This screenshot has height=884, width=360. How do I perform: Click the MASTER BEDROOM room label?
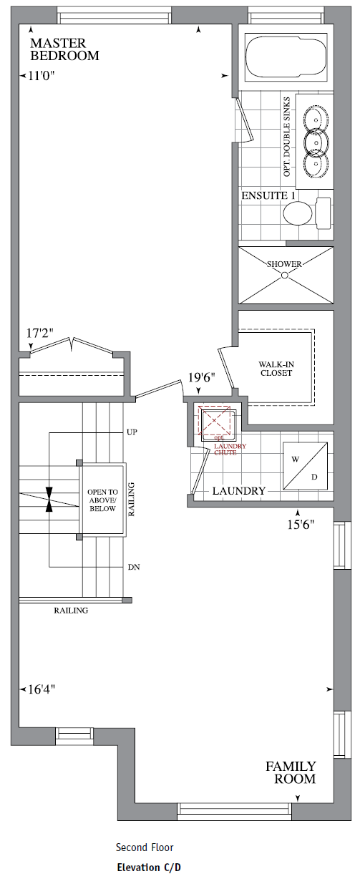(64, 49)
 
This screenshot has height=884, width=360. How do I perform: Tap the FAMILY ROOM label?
(291, 772)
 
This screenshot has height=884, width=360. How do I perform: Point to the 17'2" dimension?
(41, 334)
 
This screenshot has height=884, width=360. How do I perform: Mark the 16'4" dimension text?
(42, 689)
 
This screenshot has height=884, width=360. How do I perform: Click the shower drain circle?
(285, 275)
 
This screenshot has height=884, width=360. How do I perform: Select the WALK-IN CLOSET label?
(276, 369)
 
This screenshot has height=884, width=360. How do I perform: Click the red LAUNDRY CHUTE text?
(230, 450)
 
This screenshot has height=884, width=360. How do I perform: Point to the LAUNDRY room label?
(238, 492)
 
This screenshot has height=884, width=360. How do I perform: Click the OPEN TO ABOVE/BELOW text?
(101, 501)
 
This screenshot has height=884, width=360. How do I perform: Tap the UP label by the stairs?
(132, 432)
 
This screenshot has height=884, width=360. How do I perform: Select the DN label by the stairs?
(132, 566)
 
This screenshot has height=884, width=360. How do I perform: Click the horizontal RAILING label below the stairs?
(71, 611)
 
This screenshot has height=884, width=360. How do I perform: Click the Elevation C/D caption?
(149, 868)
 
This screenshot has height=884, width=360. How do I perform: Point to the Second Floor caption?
(145, 847)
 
